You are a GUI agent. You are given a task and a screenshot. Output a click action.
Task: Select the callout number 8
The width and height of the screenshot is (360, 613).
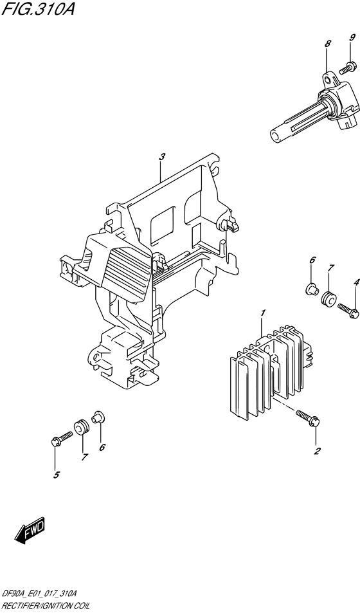(x=327, y=44)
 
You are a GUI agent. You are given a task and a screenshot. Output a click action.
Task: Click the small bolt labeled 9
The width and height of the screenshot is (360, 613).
(x=349, y=65)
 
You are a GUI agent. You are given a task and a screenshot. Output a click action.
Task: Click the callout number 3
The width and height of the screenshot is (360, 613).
(x=162, y=157)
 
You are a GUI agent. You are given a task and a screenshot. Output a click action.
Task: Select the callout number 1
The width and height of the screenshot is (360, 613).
(x=262, y=313)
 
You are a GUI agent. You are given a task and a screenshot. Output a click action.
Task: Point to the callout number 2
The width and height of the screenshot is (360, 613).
(x=316, y=451)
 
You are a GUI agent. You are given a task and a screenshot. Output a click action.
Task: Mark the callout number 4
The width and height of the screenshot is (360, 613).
(x=355, y=282)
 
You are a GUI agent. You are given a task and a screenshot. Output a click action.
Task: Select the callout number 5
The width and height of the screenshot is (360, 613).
(x=56, y=475)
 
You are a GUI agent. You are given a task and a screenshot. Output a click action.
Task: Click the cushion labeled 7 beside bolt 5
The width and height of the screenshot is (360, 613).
(x=82, y=426)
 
